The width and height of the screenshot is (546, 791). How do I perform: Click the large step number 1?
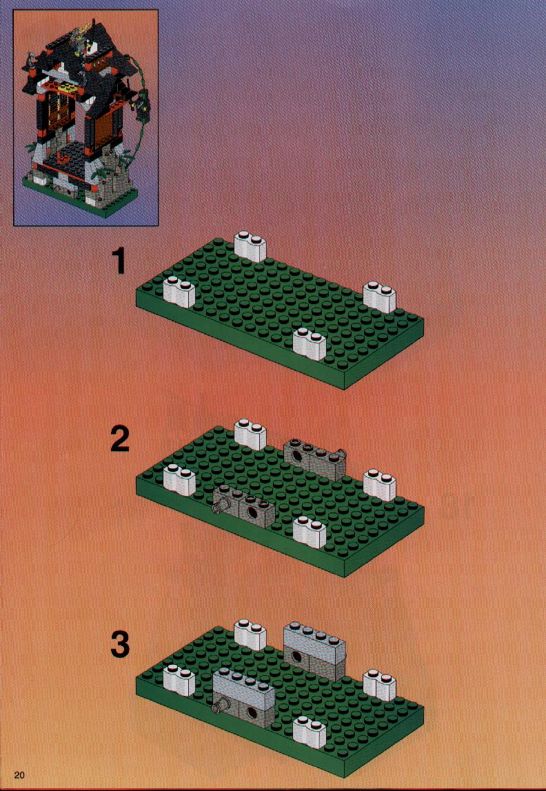click(x=119, y=262)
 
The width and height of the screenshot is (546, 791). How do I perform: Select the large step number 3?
click(x=119, y=645)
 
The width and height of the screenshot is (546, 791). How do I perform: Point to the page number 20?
click(x=20, y=775)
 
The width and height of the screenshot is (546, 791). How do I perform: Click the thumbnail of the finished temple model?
click(x=85, y=117)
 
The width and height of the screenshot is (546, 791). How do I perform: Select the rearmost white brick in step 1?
click(x=251, y=246)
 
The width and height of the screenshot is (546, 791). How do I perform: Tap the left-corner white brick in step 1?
click(x=179, y=292)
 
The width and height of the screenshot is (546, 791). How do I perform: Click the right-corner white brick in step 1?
click(x=380, y=297)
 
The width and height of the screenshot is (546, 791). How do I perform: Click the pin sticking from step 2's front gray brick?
click(x=219, y=508)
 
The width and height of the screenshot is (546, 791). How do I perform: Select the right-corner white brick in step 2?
click(x=380, y=485)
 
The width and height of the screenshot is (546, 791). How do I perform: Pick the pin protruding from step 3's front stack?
click(x=219, y=708)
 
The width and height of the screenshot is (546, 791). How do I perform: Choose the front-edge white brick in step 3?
click(x=310, y=732)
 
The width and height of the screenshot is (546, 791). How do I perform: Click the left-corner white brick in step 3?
click(x=179, y=681)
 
